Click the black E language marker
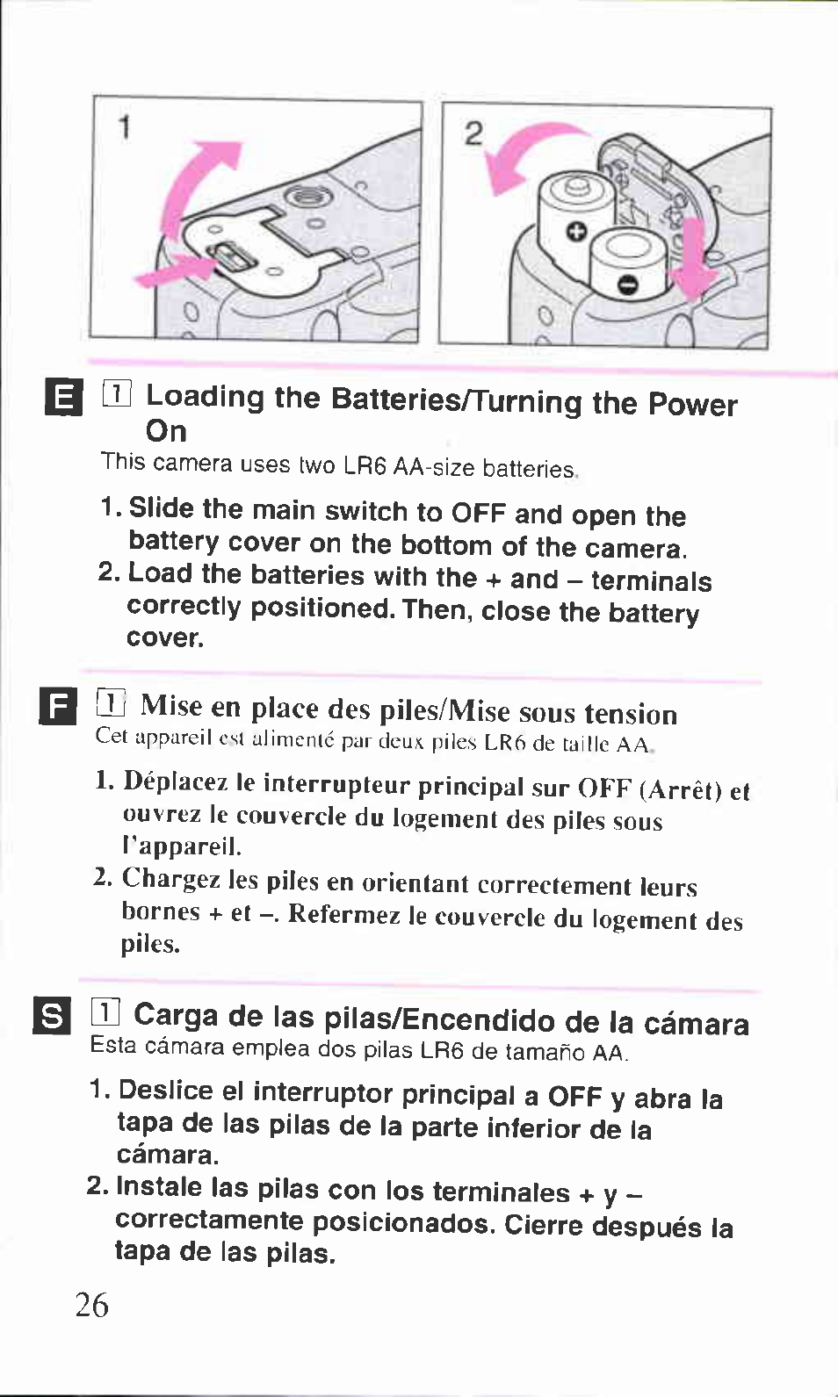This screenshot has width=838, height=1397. point(63,400)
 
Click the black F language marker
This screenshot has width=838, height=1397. point(58,706)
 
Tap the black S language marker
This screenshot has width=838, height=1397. point(52,1016)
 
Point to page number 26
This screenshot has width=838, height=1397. point(91,1306)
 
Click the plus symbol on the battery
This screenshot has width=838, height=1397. point(577,233)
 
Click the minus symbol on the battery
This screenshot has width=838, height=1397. point(628,285)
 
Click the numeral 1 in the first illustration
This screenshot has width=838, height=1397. point(125,127)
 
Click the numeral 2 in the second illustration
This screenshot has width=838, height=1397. point(473,133)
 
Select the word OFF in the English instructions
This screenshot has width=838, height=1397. point(478,514)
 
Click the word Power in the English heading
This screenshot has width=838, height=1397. point(692,406)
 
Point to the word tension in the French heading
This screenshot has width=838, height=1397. point(631,714)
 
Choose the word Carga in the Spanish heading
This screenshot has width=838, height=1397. point(176,1017)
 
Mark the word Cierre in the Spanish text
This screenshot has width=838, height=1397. point(545,1226)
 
